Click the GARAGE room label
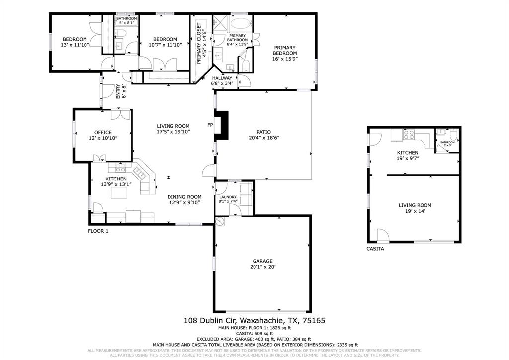pos(262,261)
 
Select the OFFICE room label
pos(103,132)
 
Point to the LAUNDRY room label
pos(228,197)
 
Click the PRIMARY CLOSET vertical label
pos(199,43)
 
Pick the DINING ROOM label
pos(184,197)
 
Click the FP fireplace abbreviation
pos(210,125)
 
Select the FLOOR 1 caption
pos(98,231)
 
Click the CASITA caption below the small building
pos(375,249)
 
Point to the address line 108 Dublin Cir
pos(254,321)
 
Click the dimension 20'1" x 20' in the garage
pos(262,267)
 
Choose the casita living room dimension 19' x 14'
pos(415,211)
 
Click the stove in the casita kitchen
pos(409,134)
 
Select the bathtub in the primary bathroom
pos(241,23)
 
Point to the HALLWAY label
pos(222,78)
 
